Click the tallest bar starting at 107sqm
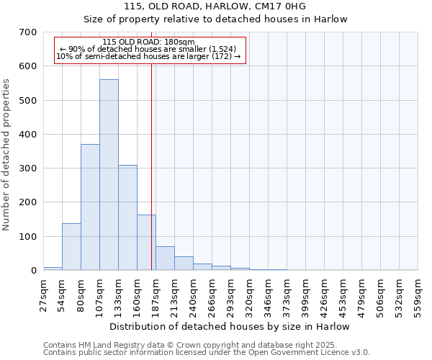click(109, 175)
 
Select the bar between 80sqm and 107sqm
click(90, 207)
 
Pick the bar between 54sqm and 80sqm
click(71, 247)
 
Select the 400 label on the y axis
click(27, 135)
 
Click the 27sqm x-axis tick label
click(43, 292)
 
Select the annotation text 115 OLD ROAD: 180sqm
click(149, 42)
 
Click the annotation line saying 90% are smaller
click(149, 49)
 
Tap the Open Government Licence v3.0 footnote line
click(207, 353)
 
